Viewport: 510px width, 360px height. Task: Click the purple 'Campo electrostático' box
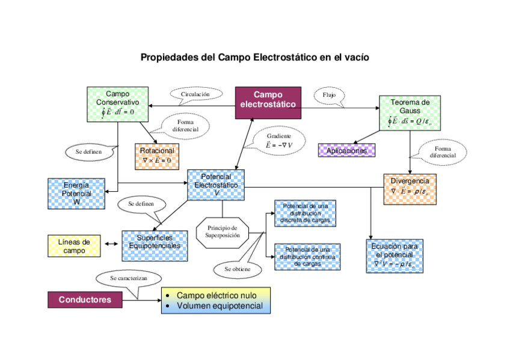click(268, 100)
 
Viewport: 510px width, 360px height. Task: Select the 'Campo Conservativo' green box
click(117, 104)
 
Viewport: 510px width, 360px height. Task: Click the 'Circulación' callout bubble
click(195, 94)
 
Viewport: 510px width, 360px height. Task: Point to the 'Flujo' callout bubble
click(329, 95)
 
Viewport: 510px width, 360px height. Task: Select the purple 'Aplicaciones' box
click(346, 150)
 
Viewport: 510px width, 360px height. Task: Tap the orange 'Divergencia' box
click(410, 188)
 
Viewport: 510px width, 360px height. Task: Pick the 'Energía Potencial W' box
click(76, 194)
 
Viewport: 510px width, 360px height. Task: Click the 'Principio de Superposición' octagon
click(222, 231)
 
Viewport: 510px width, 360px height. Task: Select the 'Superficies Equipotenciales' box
click(154, 245)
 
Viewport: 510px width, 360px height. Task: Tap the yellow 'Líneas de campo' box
click(74, 246)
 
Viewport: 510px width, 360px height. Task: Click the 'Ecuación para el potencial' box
click(394, 256)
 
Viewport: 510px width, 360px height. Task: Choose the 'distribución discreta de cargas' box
click(304, 213)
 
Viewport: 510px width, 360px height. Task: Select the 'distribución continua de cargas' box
click(307, 257)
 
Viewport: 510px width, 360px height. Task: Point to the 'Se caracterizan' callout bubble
click(129, 279)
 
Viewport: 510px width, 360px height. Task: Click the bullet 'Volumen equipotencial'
click(220, 306)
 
